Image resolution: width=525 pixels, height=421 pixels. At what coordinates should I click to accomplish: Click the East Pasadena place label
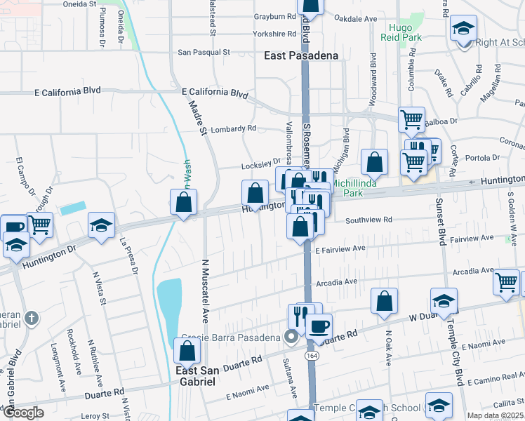[301, 55]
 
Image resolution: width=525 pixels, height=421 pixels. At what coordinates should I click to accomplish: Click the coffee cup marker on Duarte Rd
[319, 326]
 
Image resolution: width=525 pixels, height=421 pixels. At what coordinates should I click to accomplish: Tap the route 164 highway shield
[310, 356]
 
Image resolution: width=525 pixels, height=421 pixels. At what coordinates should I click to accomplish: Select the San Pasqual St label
[204, 52]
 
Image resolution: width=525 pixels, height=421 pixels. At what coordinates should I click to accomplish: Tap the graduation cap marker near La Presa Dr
[102, 226]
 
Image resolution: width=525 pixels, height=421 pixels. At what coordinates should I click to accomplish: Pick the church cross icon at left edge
[31, 319]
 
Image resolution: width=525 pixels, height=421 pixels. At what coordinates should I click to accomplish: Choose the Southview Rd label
[368, 220]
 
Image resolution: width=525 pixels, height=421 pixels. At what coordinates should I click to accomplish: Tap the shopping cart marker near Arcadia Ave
[506, 282]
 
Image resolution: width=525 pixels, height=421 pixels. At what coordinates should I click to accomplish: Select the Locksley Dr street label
[260, 166]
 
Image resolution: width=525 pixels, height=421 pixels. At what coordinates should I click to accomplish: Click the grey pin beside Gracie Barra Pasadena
[291, 338]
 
